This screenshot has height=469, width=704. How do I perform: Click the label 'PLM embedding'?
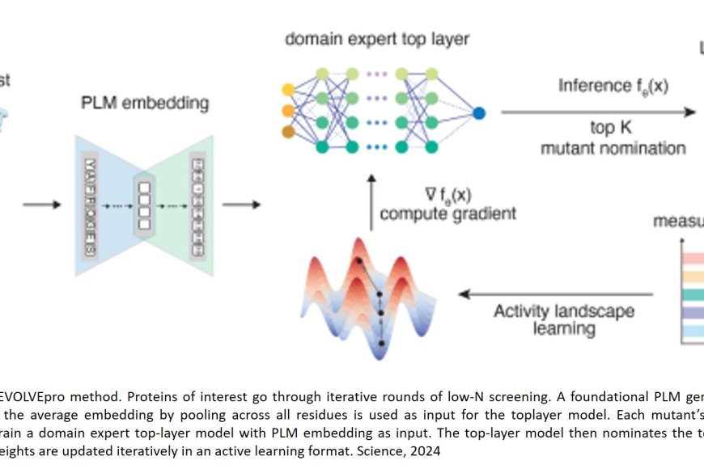click(x=144, y=104)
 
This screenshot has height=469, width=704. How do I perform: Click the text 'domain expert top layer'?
click(x=377, y=38)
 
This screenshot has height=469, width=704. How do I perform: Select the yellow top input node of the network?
click(x=287, y=88)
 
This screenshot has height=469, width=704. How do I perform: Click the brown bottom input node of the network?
click(x=287, y=130)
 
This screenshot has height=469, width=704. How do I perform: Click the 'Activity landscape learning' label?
click(x=563, y=320)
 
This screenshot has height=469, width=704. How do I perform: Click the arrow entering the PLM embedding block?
click(x=41, y=204)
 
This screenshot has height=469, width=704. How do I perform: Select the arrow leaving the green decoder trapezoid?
click(x=240, y=204)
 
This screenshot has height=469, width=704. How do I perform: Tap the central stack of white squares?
click(x=144, y=205)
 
